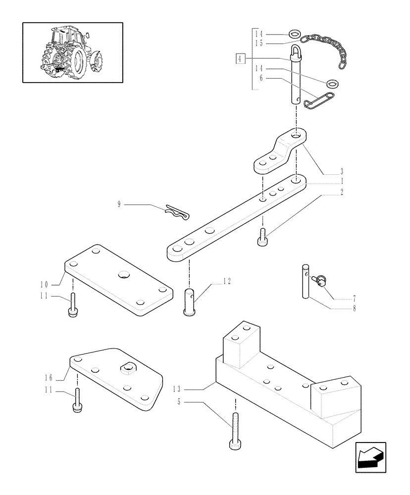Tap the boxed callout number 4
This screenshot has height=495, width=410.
[240, 58]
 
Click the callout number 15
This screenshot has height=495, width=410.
[258, 44]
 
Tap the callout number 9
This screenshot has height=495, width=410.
[119, 204]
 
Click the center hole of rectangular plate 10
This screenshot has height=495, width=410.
[122, 274]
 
